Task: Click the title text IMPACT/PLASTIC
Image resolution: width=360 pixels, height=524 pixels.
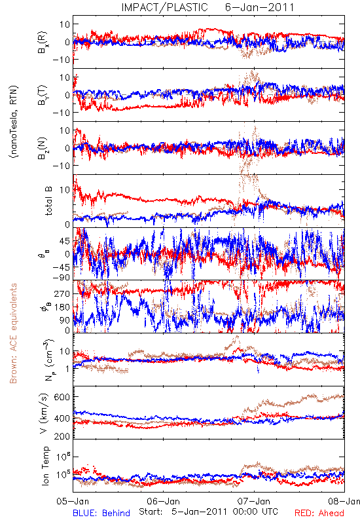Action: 164,7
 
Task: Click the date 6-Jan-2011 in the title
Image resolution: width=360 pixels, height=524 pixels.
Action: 259,7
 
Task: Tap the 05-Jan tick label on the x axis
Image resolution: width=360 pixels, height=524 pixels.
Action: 73,501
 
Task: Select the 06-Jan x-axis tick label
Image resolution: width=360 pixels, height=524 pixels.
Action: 163,501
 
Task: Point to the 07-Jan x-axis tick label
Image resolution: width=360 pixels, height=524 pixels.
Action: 254,501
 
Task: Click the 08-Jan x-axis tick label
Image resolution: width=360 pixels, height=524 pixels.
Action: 344,501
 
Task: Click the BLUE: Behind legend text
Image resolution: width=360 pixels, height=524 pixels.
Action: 101,513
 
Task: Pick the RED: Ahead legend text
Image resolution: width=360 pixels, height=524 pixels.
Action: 319,513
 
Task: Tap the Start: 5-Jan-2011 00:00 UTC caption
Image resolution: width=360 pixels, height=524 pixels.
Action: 208,512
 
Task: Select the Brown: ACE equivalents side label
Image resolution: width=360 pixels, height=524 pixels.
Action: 13,333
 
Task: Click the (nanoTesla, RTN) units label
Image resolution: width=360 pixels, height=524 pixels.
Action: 14,121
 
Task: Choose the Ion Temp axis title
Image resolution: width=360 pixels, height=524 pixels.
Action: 45,466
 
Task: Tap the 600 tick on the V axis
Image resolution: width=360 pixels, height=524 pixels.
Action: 62,397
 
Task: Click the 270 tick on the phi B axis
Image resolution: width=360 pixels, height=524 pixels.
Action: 62,294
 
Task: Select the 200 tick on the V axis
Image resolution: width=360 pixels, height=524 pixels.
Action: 62,436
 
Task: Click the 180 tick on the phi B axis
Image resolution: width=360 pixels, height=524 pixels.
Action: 62,307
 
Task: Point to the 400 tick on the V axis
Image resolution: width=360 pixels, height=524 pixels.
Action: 62,418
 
